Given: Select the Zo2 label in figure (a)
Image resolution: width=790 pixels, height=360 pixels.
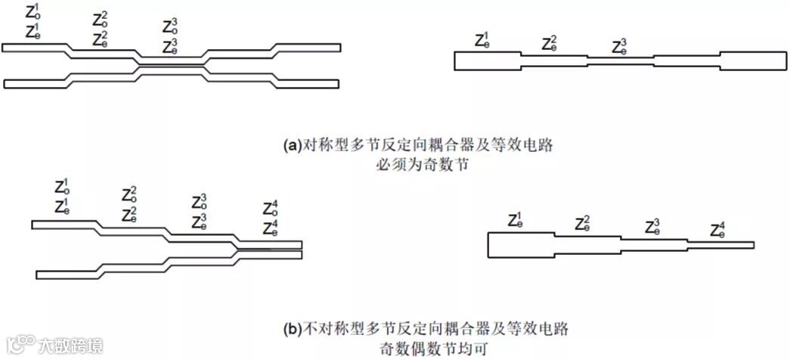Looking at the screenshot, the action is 101,20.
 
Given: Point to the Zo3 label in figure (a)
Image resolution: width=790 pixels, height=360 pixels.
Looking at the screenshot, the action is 171,26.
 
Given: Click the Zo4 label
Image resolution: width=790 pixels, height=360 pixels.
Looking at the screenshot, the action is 271,208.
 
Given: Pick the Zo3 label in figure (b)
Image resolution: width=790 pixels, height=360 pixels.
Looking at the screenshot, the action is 200,202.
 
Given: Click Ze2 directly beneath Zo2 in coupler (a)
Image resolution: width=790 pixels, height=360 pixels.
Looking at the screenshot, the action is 101,39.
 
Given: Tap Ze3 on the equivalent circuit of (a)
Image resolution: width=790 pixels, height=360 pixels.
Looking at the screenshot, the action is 620,47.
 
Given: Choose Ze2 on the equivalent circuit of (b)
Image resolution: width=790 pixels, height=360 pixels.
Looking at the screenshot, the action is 583,224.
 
